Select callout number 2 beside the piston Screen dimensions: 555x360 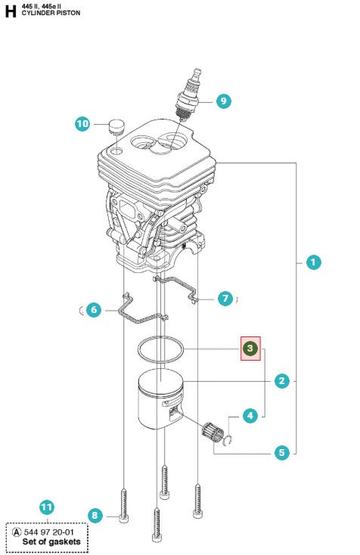(x=282, y=381)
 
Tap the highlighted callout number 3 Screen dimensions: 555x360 (x=250, y=349)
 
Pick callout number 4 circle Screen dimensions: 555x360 (x=250, y=414)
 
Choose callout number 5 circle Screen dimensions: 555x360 (x=282, y=453)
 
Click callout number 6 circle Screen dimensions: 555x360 (x=93, y=309)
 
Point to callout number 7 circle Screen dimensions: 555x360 (x=225, y=299)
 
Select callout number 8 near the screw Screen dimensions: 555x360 (x=95, y=516)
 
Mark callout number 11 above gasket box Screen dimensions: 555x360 (x=47, y=507)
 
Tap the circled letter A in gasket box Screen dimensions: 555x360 (x=17, y=532)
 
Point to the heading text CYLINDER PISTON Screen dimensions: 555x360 (x=49, y=14)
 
